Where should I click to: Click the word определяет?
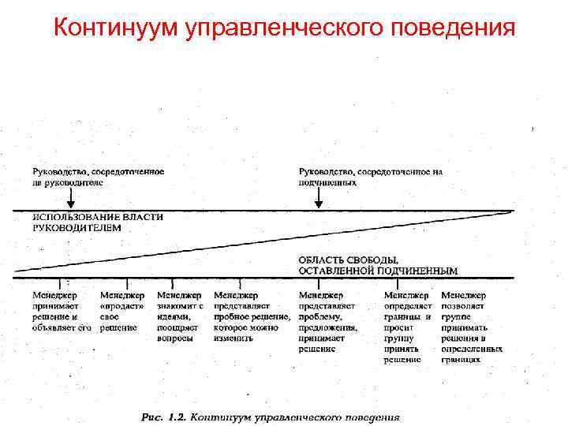407,305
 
